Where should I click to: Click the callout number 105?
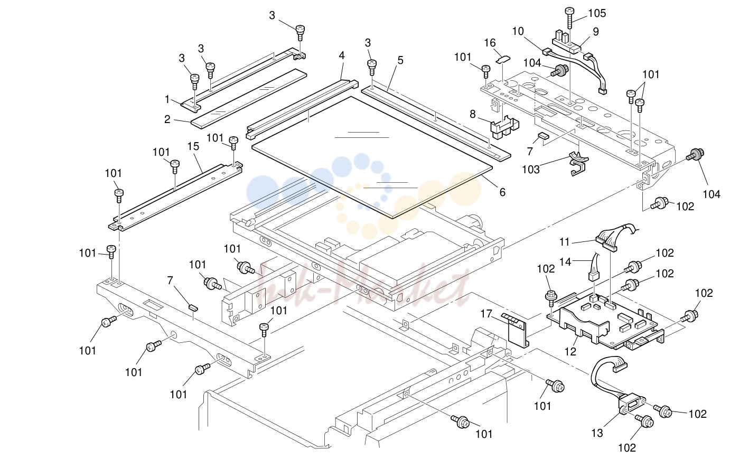[597, 13]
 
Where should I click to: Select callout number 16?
[490, 43]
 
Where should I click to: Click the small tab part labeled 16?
[503, 59]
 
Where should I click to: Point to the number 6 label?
[502, 192]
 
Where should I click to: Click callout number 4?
[342, 55]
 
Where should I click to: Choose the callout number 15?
[193, 146]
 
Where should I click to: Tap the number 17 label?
[486, 314]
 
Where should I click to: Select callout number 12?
[570, 351]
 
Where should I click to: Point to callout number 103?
[531, 170]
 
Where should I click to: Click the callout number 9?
[596, 32]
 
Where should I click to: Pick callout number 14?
[565, 261]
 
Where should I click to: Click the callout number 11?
[565, 242]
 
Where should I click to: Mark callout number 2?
[167, 119]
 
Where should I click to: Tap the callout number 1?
[167, 99]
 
